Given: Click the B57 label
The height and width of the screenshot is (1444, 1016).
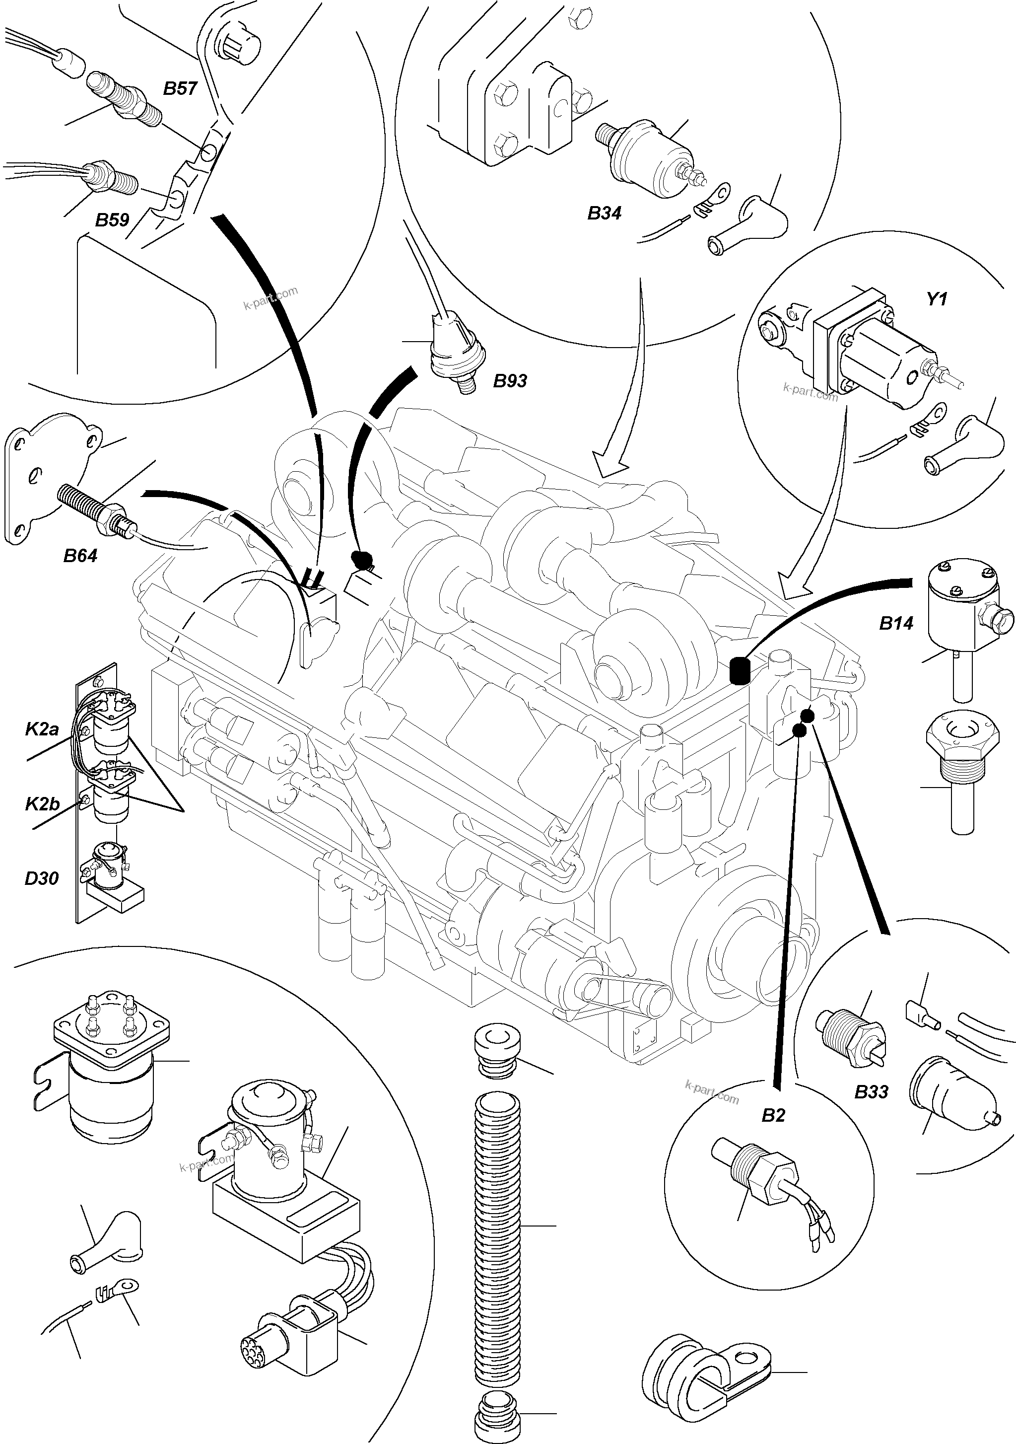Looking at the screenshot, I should pos(181,89).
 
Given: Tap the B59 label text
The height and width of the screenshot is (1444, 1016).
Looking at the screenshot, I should pos(112,220).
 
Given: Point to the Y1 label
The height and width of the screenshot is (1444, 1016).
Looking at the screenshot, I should pos(936,299).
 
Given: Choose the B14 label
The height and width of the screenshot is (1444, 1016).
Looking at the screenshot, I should pos(896,624).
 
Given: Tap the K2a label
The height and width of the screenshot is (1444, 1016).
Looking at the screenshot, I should pos(42,729).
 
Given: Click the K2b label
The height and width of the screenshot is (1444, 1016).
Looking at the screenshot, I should pos(42,804).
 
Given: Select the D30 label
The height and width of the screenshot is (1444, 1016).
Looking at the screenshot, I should pos(42,878).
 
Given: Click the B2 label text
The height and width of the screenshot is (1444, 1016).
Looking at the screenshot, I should pos(773,1116).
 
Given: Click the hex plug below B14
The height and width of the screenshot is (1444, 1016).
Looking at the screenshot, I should pos(962,761).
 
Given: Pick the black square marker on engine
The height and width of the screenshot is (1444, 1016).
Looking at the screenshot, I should pos(740,670).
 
